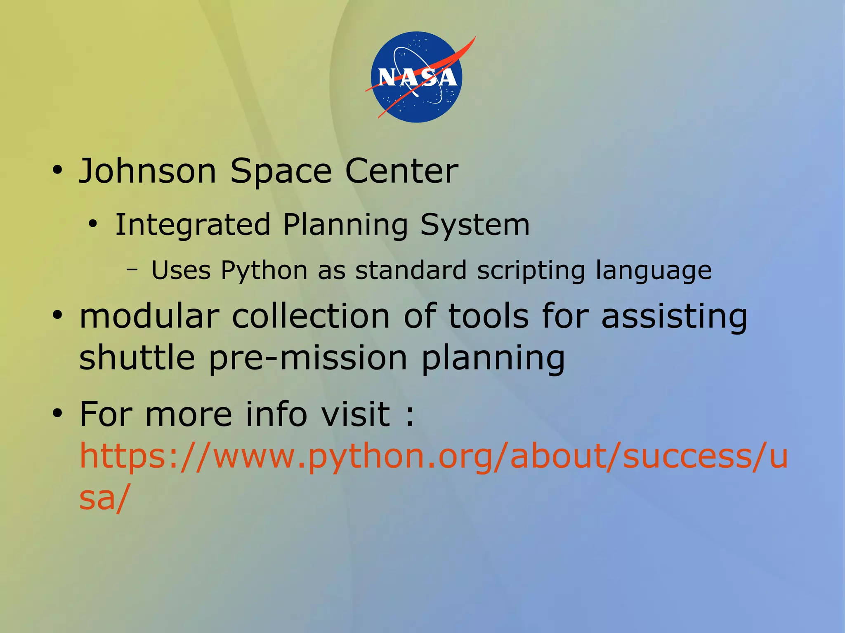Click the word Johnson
point(148,171)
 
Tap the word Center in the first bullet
point(401,171)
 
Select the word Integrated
point(193,225)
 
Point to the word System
point(475,225)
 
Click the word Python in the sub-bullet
point(264,271)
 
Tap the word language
point(654,271)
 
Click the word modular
point(149,317)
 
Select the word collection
point(311,317)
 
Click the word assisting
point(674,317)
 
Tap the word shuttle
point(137,358)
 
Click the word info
point(276,414)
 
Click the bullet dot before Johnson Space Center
point(57,170)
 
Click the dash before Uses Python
point(132,270)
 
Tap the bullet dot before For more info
point(57,414)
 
